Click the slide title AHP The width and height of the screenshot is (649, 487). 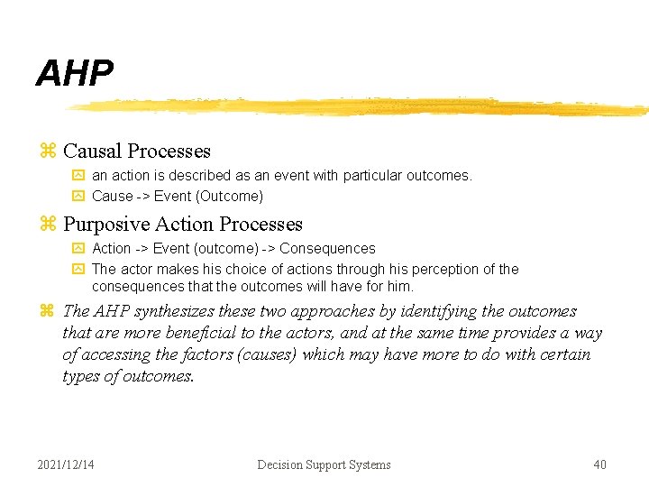click(75, 74)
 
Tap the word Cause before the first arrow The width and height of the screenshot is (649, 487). click(113, 196)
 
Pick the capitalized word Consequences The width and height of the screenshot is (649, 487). click(328, 248)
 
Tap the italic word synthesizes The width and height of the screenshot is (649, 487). click(180, 311)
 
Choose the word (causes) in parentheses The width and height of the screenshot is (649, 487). click(267, 354)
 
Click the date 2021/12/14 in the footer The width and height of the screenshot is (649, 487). click(66, 464)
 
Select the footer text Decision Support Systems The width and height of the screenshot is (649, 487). click(324, 464)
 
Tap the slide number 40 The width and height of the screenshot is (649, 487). click(599, 464)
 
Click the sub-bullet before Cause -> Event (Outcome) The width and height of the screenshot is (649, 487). click(78, 196)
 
